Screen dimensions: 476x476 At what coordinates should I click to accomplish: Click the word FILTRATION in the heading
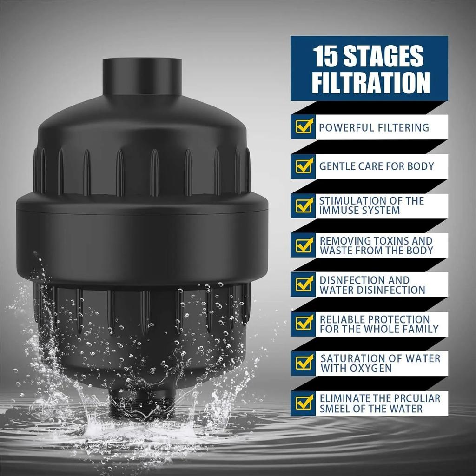pos(370,82)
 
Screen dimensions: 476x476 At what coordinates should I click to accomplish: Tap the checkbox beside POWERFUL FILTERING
pos(304,126)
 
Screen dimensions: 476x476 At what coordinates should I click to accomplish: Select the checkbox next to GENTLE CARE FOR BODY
pos(304,165)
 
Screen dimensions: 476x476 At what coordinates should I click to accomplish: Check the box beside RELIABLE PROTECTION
pos(304,323)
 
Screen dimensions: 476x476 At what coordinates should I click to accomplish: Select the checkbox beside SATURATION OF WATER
pos(304,362)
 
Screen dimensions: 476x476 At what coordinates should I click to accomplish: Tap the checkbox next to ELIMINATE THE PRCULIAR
pos(304,402)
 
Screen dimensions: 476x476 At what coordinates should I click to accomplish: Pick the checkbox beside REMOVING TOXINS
pos(304,245)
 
